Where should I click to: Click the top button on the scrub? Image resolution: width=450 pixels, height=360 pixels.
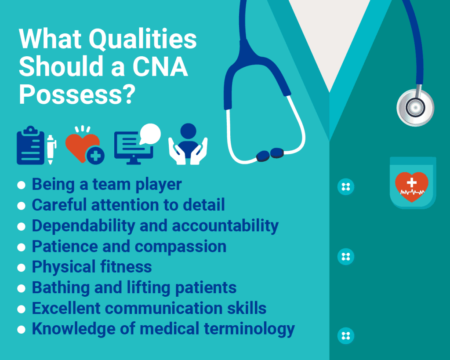click(x=345, y=187)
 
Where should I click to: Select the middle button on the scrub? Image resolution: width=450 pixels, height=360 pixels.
click(x=345, y=256)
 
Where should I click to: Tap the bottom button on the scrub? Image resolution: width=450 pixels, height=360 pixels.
click(x=345, y=336)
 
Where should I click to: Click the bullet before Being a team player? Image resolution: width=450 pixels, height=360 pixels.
click(x=21, y=185)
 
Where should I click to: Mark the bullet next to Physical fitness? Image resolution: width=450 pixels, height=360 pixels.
click(x=21, y=268)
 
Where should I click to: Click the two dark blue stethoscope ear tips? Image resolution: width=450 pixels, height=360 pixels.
click(x=269, y=154)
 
